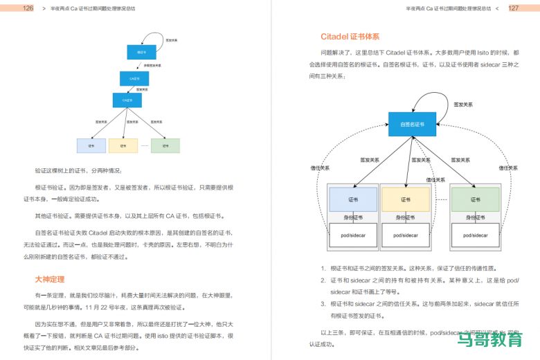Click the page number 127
513,8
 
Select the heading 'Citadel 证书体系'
350,37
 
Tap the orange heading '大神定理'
50,279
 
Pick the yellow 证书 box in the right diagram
406,199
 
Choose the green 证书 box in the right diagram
475,199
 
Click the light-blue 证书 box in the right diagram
353,199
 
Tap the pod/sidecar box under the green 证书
475,235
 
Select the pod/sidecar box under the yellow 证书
406,235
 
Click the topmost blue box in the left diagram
141,52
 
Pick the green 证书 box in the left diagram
165,146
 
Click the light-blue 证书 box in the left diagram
91,146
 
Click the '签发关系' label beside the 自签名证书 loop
464,105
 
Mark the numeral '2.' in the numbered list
323,280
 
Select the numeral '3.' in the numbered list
323,304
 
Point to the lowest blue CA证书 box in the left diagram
127,100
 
